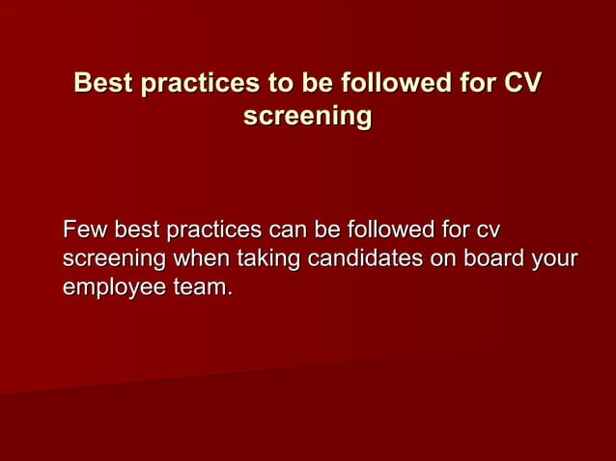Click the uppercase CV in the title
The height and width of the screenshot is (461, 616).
tap(520, 85)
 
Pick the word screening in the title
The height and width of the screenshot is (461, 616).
tap(308, 117)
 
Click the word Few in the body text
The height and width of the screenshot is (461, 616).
tap(85, 231)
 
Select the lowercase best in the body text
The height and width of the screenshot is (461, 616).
tap(137, 231)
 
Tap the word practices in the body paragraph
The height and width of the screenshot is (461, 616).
tap(213, 231)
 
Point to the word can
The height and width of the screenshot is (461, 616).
tap(289, 231)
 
